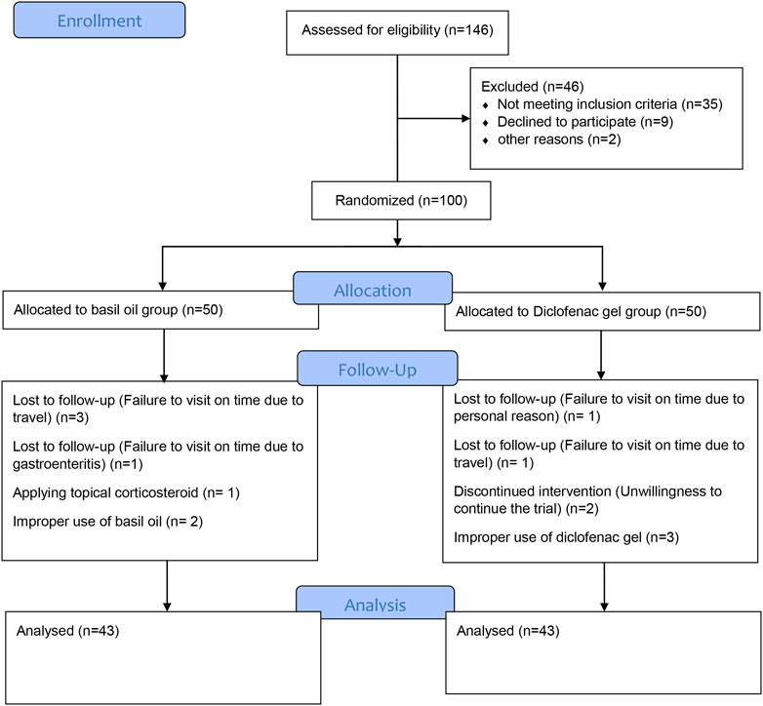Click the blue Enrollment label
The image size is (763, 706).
click(x=100, y=20)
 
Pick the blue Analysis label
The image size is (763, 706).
click(x=376, y=602)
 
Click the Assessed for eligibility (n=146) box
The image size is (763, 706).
click(x=397, y=32)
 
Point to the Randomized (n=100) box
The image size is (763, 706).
click(x=401, y=200)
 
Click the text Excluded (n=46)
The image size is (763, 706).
click(x=533, y=87)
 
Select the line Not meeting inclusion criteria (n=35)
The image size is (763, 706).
click(x=610, y=104)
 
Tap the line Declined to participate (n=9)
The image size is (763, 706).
click(x=584, y=122)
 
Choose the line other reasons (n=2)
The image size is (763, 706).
click(x=559, y=139)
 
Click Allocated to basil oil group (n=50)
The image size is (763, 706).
click(x=118, y=310)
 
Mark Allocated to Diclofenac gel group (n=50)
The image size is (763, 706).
click(x=581, y=311)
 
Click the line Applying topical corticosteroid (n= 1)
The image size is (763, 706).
click(x=126, y=492)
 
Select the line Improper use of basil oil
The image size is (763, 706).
click(x=107, y=522)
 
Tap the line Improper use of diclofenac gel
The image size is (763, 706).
click(x=566, y=537)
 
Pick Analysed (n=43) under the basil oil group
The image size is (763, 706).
click(x=67, y=631)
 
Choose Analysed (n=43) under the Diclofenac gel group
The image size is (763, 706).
click(x=508, y=631)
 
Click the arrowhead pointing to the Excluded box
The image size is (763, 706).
click(x=465, y=118)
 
